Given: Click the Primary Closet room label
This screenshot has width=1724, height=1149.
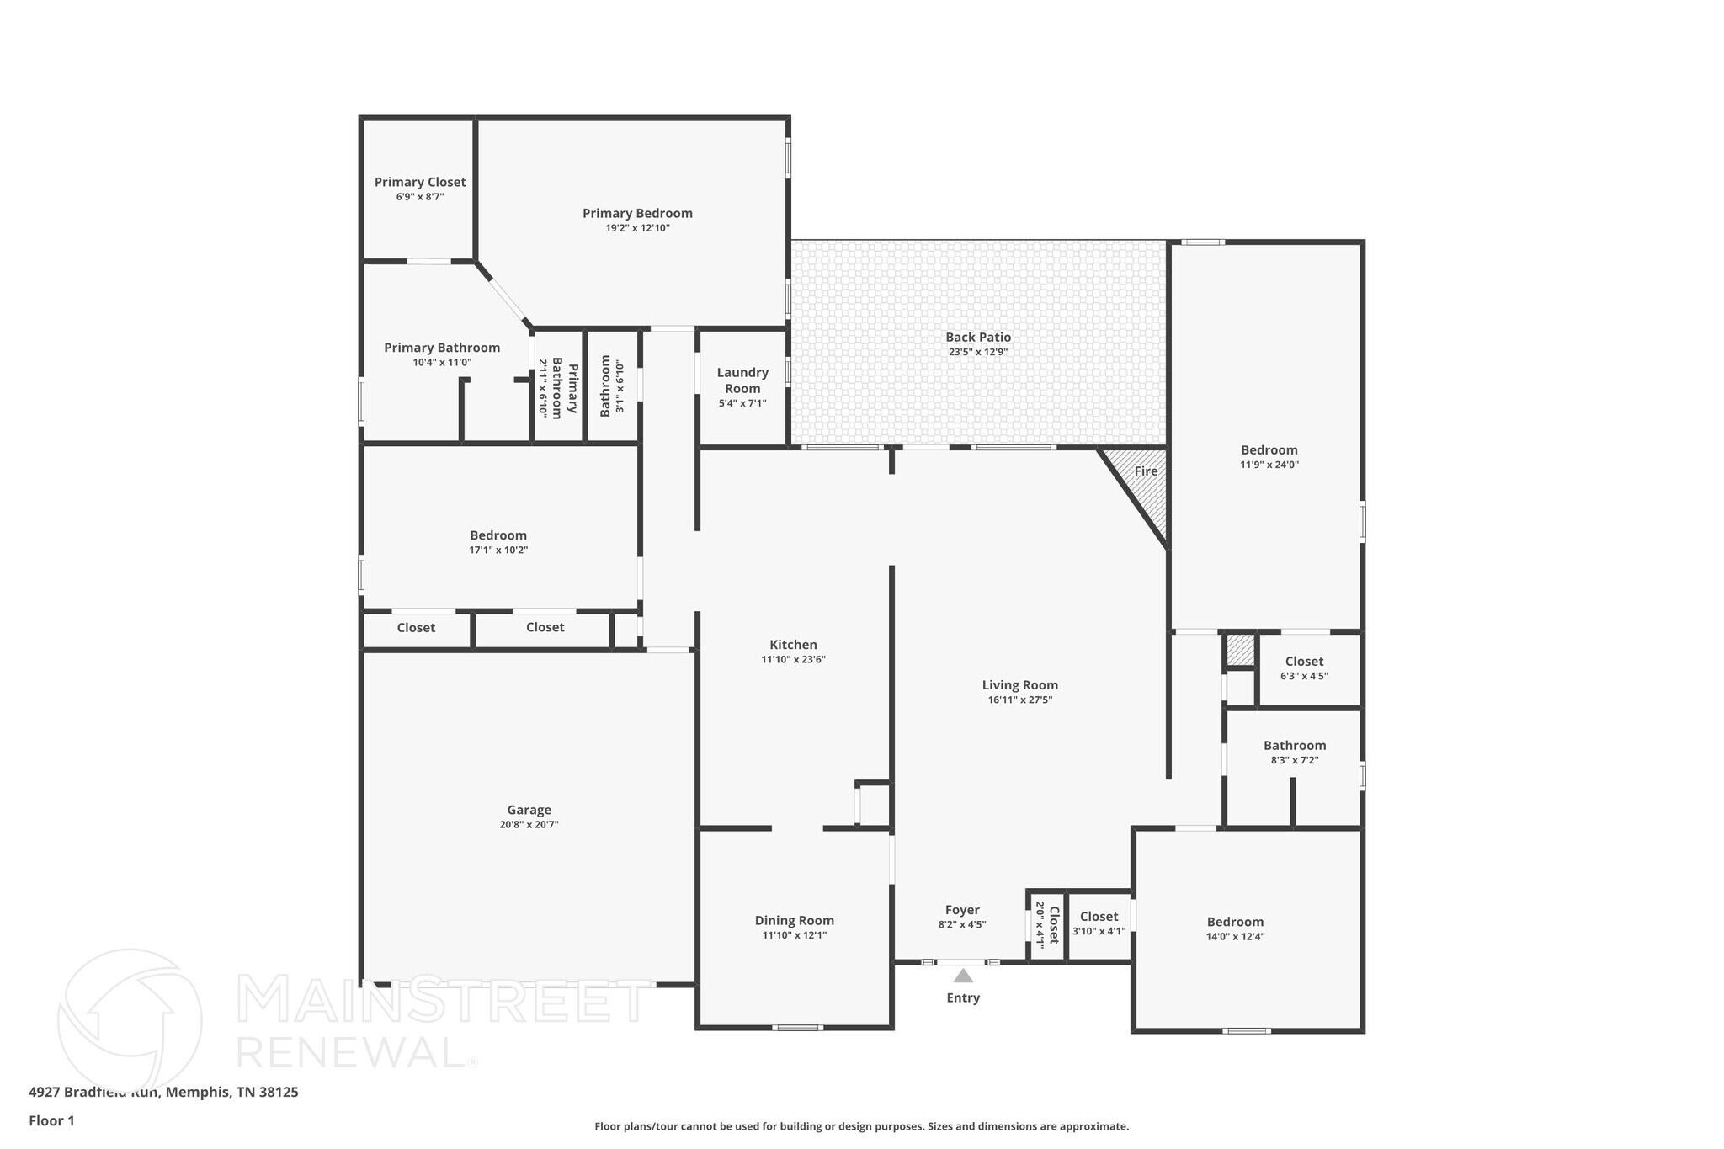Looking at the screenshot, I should coord(419,182).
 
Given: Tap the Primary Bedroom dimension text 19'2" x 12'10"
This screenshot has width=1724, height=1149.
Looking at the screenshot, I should coord(637,228).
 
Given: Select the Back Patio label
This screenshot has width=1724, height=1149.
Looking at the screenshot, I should coord(977,337).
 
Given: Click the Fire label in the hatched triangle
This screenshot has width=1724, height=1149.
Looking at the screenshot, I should coord(1145,471).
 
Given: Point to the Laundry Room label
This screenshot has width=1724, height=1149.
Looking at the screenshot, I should coord(742,380).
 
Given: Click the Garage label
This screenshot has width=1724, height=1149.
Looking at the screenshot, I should coord(529,810).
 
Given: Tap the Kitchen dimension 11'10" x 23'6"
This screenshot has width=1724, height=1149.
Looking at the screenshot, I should coord(793,660).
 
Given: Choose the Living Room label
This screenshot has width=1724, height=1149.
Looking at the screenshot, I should coord(1019,685).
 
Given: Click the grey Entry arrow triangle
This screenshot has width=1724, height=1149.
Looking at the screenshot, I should coord(963,976).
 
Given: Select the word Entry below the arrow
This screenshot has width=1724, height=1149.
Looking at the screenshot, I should coord(963,997).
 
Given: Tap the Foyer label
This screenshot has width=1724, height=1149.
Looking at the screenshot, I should coord(961,910).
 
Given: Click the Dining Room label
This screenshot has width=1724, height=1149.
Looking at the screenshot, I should coord(794,920).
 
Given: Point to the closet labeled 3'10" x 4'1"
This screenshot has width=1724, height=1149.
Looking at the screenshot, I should coord(1099,917).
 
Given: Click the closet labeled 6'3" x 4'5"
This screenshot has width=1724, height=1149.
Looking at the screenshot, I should coord(1304,662).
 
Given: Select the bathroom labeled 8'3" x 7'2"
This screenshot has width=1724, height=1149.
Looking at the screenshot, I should coord(1294,746).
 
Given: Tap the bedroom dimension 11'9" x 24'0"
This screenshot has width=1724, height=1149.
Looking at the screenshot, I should coord(1269,465).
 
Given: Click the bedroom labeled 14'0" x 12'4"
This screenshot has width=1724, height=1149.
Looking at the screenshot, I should coord(1235,922).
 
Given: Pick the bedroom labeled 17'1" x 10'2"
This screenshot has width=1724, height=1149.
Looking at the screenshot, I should coord(498,535).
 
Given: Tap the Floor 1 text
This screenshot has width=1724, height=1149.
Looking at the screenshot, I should coord(51,1121).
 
